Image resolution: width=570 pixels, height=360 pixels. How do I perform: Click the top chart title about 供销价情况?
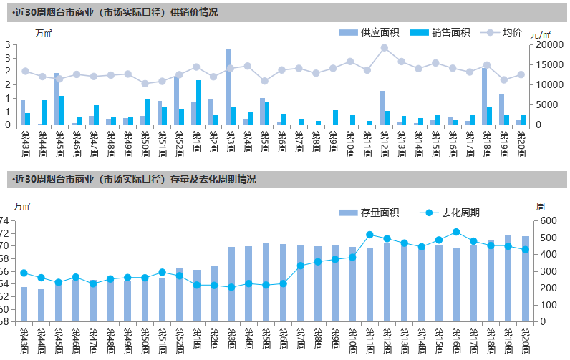click(x=115, y=13)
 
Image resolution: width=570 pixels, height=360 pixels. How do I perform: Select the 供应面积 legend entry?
click(x=369, y=32)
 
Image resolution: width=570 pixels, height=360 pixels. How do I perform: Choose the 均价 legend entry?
click(x=505, y=32)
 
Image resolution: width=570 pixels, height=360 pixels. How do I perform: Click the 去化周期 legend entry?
click(x=451, y=213)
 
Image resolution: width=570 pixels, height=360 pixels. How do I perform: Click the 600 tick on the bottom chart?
click(x=547, y=221)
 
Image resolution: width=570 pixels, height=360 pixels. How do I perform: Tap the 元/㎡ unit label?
click(x=541, y=34)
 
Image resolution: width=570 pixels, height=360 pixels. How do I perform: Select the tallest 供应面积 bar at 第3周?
click(x=228, y=87)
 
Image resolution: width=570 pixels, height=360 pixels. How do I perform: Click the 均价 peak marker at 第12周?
click(x=385, y=48)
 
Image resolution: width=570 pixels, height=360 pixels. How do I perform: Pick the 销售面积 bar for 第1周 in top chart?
click(x=198, y=102)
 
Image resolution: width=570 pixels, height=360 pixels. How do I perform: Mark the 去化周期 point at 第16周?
click(x=456, y=232)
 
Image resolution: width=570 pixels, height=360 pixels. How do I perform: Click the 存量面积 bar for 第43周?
click(x=24, y=303)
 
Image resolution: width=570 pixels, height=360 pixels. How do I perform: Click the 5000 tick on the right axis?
click(x=544, y=104)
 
